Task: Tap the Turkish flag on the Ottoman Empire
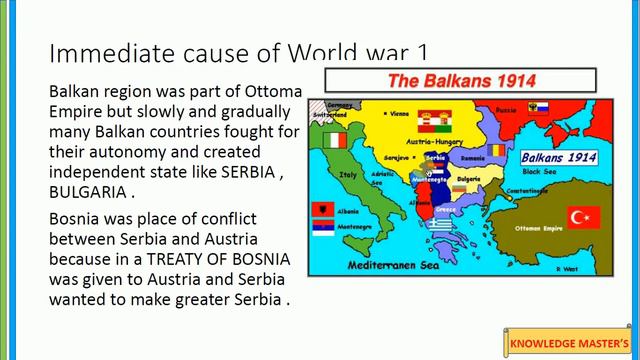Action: pyautogui.click(x=583, y=218)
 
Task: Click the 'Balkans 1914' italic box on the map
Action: pyautogui.click(x=557, y=157)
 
